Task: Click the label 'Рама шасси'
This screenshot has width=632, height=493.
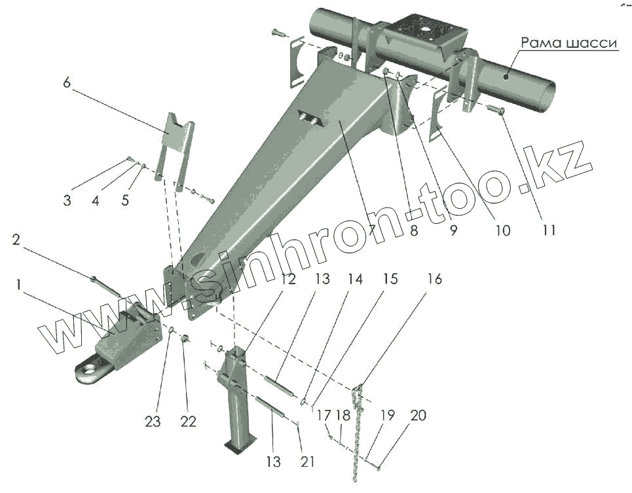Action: (x=569, y=43)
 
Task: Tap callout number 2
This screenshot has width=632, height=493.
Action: (x=17, y=240)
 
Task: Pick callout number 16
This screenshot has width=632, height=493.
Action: (x=434, y=280)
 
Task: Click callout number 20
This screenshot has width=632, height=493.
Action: (x=417, y=416)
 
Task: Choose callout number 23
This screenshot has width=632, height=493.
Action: (x=153, y=422)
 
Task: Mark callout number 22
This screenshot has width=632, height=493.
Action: (x=188, y=422)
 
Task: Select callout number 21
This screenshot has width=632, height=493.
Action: (x=307, y=462)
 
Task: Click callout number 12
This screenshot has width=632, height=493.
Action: (x=288, y=280)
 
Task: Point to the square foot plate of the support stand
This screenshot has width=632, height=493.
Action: (x=235, y=447)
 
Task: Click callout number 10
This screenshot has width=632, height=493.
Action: (x=502, y=230)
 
